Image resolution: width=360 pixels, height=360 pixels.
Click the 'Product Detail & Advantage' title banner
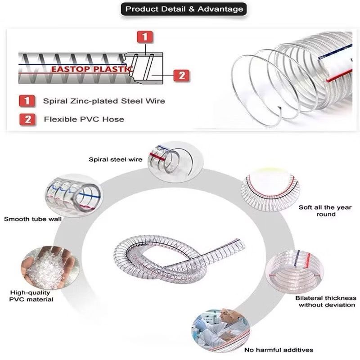(184, 9)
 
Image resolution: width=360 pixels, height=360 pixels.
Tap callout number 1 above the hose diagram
(144, 37)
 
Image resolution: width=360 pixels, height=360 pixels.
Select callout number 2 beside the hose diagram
(181, 76)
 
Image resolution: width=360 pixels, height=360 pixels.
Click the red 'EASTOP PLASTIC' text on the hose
(92, 69)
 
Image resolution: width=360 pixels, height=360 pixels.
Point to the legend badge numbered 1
(27, 101)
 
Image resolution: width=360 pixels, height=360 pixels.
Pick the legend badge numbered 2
(27, 120)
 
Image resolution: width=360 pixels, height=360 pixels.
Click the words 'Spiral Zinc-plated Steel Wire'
(104, 101)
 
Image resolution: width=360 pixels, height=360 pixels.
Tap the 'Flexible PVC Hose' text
(84, 119)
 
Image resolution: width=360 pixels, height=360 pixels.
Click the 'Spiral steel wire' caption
(116, 160)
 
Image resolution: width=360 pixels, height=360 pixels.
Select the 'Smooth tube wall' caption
(32, 219)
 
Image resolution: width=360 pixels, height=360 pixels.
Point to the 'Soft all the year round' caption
(325, 211)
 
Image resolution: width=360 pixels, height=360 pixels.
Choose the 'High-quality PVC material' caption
(31, 296)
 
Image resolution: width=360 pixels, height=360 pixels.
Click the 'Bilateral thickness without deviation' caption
(326, 301)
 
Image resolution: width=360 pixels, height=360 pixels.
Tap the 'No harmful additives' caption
(279, 350)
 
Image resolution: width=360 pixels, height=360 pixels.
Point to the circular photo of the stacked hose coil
(295, 272)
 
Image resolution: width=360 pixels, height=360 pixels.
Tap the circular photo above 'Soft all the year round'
(270, 190)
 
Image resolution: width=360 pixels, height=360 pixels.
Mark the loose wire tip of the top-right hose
(279, 108)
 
